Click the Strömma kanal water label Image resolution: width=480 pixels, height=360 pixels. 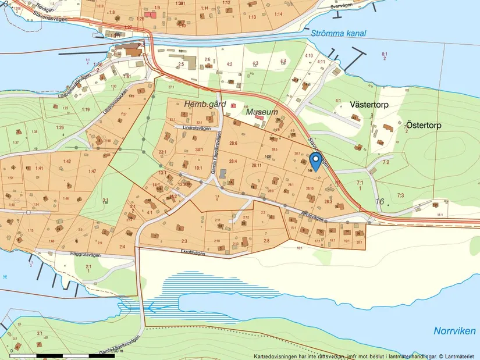338,33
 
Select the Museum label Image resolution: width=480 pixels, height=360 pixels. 262,111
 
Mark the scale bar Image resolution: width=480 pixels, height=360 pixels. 63,355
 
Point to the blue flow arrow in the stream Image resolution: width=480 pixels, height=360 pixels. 149,306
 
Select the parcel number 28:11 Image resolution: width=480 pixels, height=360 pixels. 256,166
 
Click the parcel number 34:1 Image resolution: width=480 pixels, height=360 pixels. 199,150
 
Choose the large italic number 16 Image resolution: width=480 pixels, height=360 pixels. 381,201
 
